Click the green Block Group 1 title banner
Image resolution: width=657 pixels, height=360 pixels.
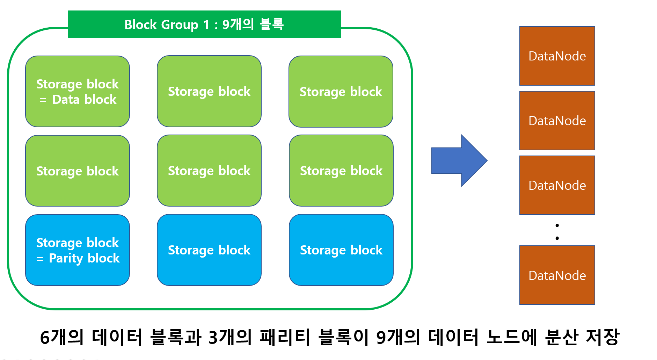point(204,24)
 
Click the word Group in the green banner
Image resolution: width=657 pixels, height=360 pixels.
point(180,25)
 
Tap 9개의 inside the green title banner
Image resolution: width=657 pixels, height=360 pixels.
point(238,24)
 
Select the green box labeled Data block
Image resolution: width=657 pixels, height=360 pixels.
point(78,91)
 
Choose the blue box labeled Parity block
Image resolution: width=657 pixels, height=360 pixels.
point(78,250)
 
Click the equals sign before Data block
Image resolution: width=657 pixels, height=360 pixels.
point(43,100)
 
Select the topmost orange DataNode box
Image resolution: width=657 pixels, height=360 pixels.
point(557,56)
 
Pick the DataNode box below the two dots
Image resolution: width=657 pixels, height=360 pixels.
point(557,275)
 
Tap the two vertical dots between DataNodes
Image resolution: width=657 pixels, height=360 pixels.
point(557,231)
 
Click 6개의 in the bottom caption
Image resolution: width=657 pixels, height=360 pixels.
point(62,337)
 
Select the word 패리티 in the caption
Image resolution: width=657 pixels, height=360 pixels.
point(285,337)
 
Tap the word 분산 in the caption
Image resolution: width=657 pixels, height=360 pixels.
point(561,337)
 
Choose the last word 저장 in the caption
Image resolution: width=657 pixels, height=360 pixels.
point(602,337)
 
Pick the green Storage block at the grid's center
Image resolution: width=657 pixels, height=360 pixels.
point(209,171)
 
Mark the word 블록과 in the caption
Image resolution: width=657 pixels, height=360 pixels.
point(176,337)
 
